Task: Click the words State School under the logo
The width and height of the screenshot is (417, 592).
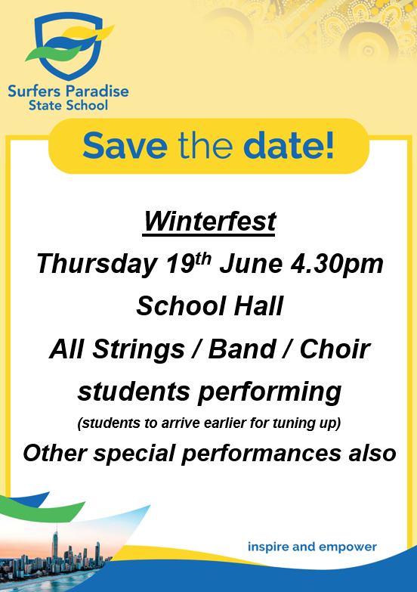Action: point(68,105)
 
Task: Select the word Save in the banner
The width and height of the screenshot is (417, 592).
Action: point(125,146)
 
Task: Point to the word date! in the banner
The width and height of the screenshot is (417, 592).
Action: point(289,145)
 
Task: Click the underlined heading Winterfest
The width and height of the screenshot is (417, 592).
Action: point(210,222)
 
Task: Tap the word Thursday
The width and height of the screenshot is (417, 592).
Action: point(97,265)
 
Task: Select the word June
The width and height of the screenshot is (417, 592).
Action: point(251,264)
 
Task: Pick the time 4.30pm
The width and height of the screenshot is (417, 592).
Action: point(337,265)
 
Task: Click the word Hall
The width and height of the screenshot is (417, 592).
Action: point(258,305)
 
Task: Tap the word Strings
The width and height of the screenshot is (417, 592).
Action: point(138,349)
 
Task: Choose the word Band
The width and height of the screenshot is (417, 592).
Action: point(242,349)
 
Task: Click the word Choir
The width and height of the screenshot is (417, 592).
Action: point(335,349)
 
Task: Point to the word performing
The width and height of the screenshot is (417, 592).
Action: point(270,392)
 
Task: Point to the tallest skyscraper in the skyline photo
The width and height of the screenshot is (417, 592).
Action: point(55,548)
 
